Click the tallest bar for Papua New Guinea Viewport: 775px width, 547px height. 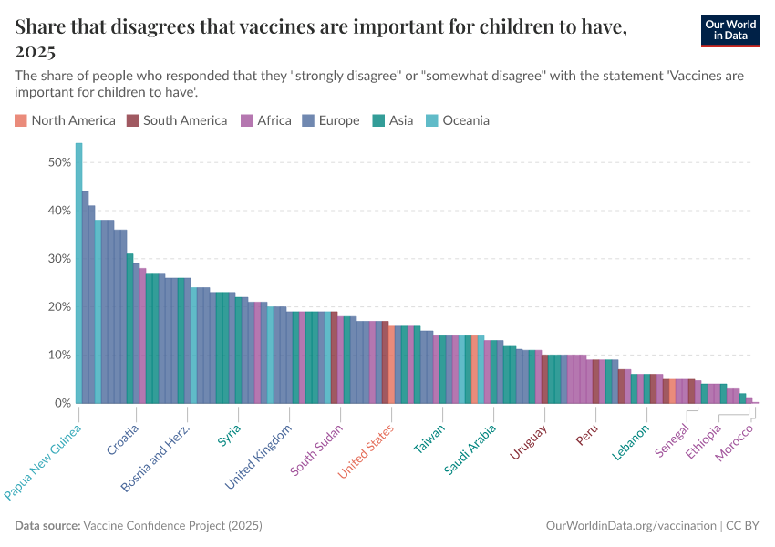click(78, 273)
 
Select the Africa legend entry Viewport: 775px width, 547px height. click(274, 120)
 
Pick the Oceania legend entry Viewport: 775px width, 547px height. click(466, 120)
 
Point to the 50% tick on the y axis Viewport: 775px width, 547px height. click(59, 162)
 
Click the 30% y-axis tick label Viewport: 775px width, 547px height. click(59, 259)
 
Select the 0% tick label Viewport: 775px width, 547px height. click(63, 403)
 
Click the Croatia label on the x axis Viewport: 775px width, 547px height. click(124, 439)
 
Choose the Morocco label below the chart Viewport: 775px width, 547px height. click(735, 442)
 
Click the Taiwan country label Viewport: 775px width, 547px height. click(430, 439)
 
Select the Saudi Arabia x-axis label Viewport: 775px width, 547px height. click(470, 449)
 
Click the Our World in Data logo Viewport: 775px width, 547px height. click(729, 30)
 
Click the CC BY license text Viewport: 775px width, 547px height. click(743, 526)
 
